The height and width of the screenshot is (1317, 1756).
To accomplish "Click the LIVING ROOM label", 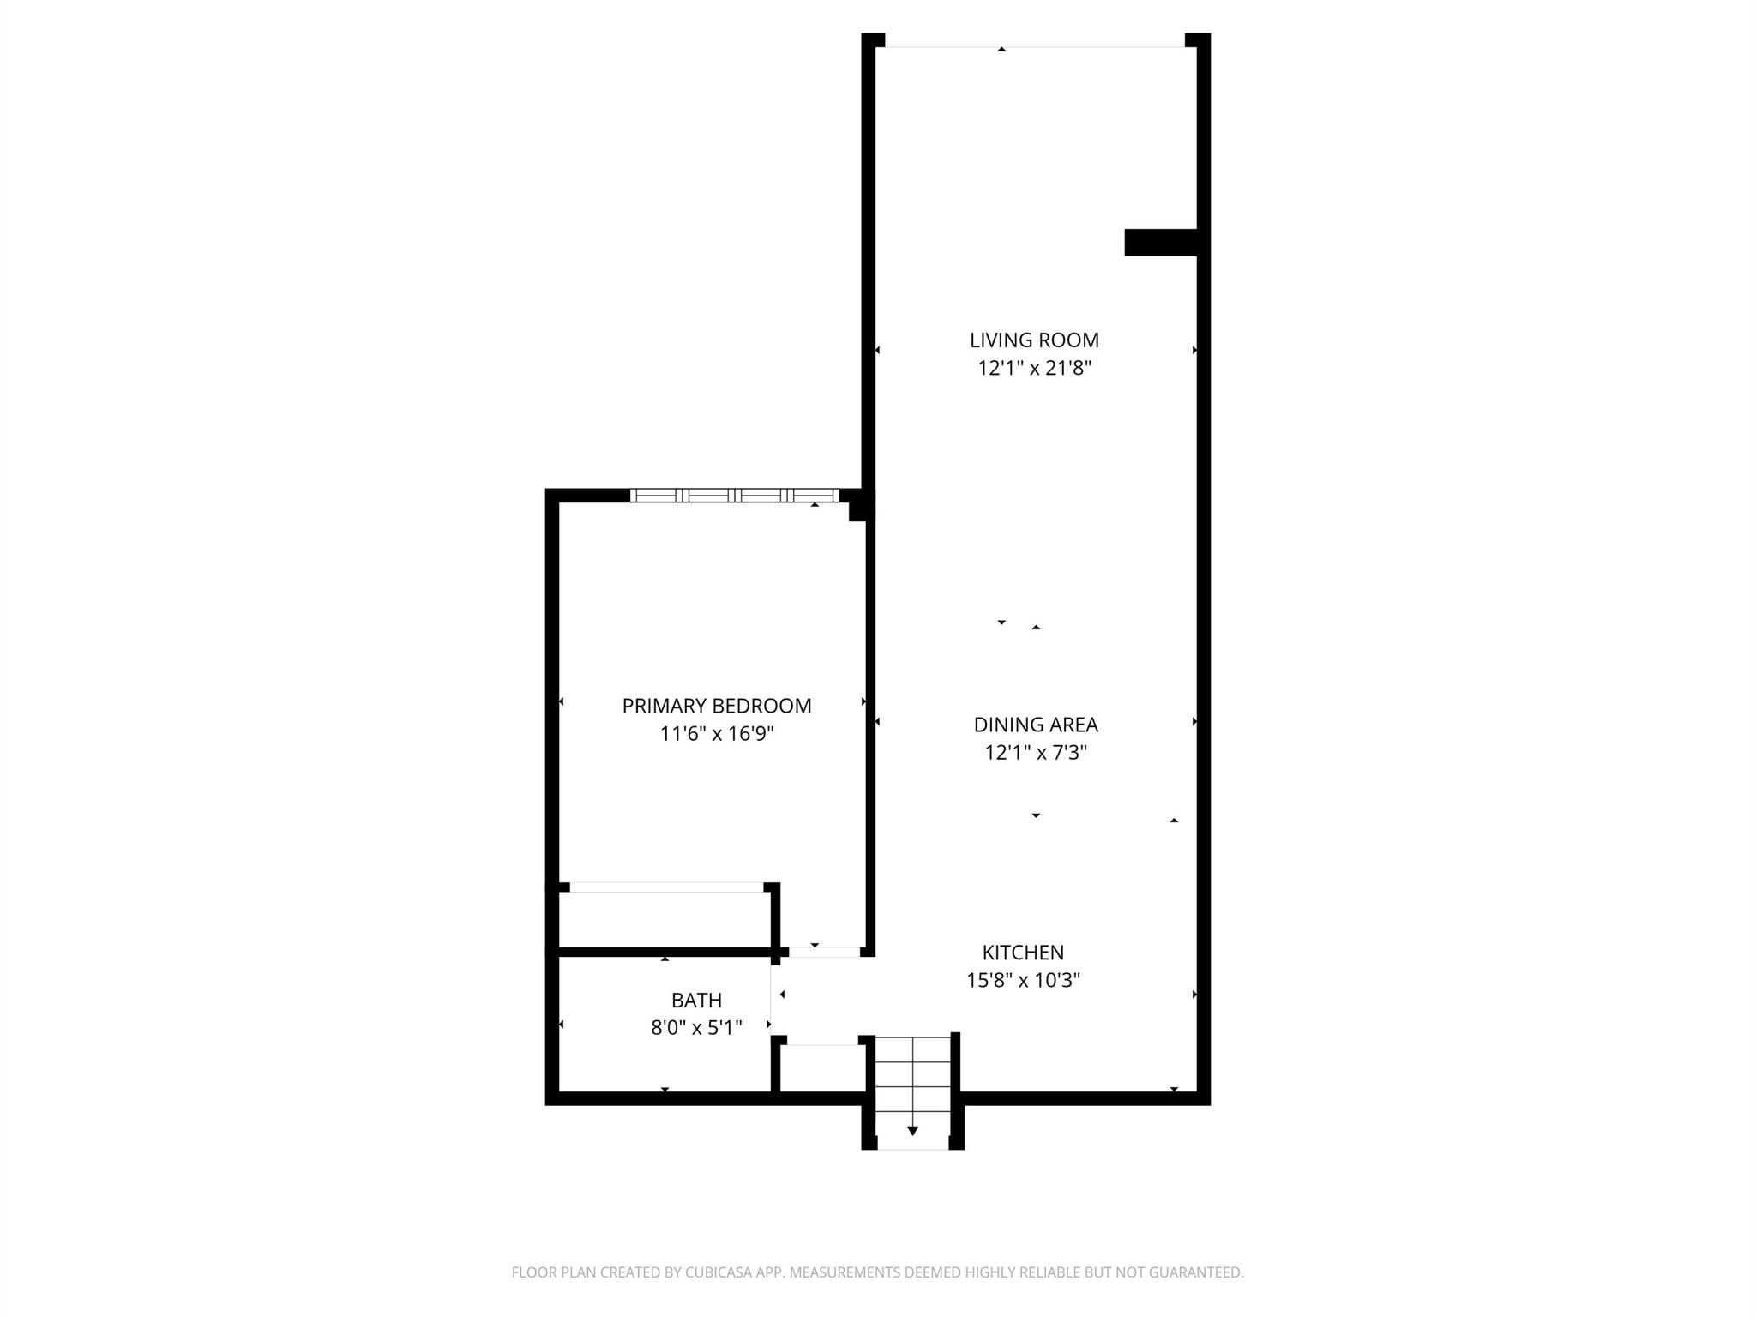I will pos(1034,340).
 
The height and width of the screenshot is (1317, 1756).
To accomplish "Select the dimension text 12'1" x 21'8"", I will pos(1034,369).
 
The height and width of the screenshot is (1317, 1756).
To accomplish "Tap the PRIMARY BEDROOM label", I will pos(716,706).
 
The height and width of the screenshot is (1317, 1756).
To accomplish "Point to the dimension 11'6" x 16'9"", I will pos(716,734).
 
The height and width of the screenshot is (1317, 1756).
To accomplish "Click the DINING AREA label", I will pos(1035,725).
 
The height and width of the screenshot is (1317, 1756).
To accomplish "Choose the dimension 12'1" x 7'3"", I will pos(1035,753).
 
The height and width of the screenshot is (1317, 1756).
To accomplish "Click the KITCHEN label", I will pos(1023,953).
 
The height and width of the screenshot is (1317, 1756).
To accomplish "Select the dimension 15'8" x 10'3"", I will pos(1023,980).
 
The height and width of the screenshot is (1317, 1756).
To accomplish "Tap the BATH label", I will pos(696,1000).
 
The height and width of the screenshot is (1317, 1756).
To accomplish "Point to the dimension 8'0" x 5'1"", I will pos(696,1027).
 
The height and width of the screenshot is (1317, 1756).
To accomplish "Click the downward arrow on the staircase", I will pos(912,1130).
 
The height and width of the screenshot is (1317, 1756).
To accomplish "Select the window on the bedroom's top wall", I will pos(734,495).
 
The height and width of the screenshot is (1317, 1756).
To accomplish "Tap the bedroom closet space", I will pos(665,919).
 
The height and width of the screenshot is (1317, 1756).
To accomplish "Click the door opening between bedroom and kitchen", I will pos(824,951).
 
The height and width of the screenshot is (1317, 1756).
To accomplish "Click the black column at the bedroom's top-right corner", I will pos(860,506).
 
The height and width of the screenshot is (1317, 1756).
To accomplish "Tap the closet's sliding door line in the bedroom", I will pos(666,887).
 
